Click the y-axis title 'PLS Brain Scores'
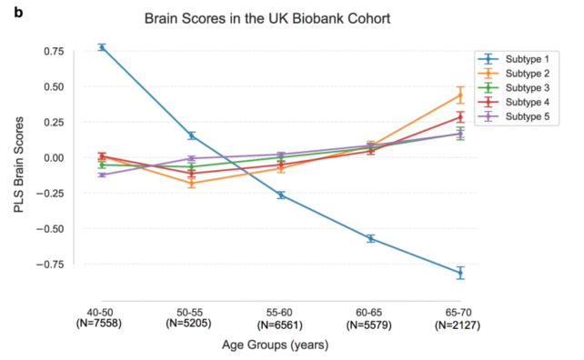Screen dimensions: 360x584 click(x=19, y=157)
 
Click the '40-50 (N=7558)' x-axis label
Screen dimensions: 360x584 click(x=102, y=318)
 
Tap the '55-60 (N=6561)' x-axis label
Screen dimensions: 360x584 click(x=281, y=318)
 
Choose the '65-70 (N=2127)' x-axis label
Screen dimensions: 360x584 click(x=460, y=318)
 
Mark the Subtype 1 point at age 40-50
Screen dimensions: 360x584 click(x=102, y=47)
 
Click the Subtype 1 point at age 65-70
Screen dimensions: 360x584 click(x=460, y=273)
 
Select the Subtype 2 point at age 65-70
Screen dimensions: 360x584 click(x=460, y=95)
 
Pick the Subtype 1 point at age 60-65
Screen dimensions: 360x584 click(x=371, y=238)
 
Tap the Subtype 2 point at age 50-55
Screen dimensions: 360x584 click(x=192, y=184)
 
